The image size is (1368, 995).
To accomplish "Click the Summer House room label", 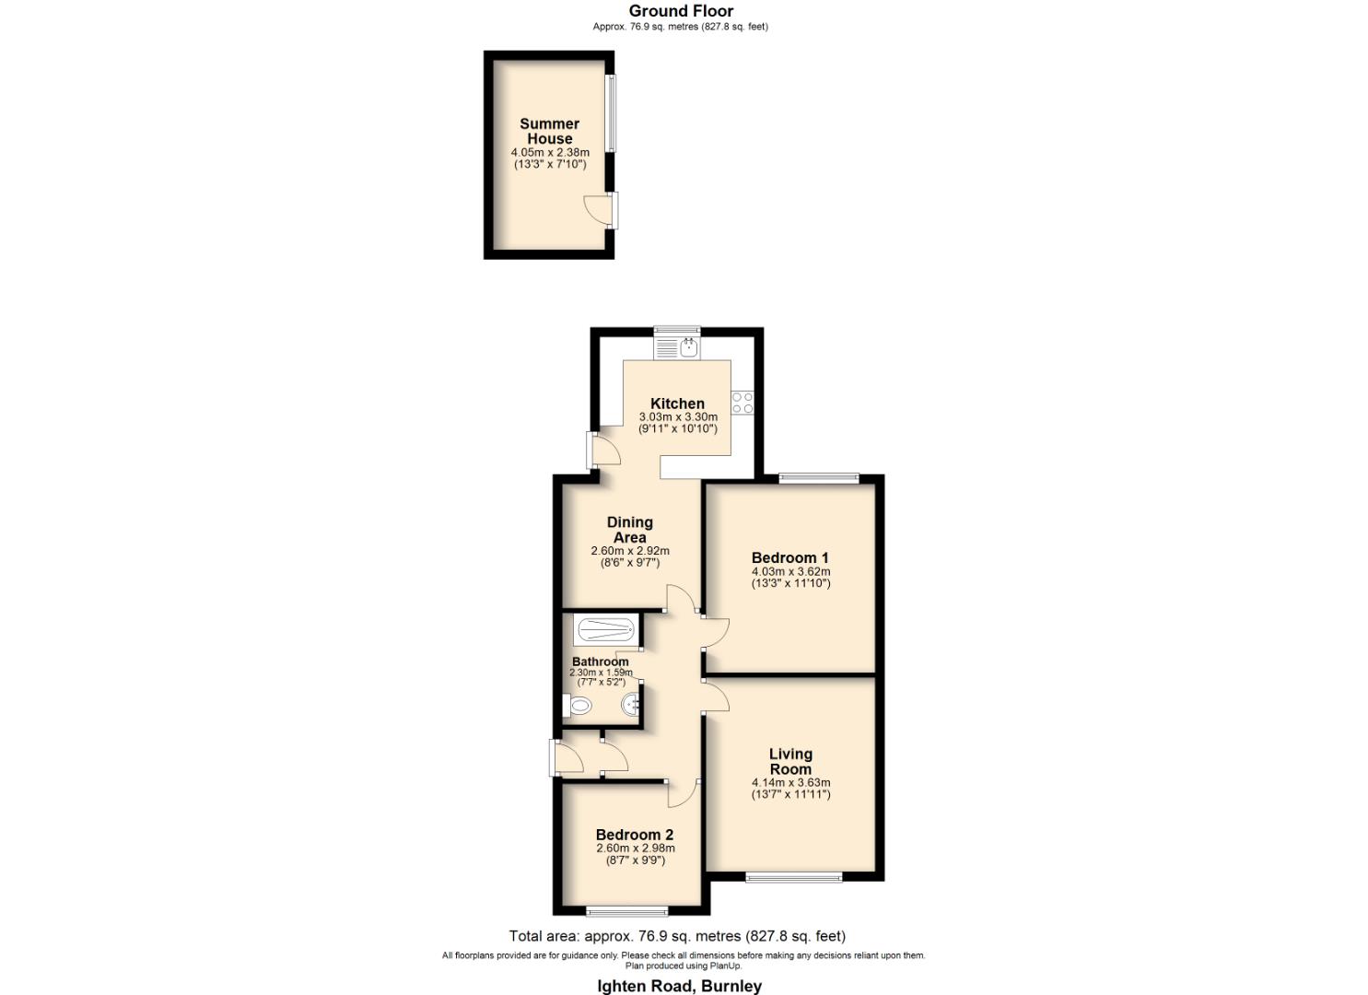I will (x=549, y=131).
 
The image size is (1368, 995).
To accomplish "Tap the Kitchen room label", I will (x=677, y=404).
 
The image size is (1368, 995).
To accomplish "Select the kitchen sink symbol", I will (x=687, y=347).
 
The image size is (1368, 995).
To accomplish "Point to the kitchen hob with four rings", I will (x=742, y=403).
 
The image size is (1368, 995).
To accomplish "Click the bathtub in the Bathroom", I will (x=604, y=631).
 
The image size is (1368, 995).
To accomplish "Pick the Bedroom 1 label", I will (x=789, y=557).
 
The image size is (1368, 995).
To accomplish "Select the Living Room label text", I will (x=790, y=761).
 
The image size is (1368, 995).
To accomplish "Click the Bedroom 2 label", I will (x=635, y=835).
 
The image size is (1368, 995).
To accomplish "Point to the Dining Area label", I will (x=630, y=530).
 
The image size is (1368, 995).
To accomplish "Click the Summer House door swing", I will (x=597, y=208).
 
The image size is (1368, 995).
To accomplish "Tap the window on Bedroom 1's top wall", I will (x=818, y=478).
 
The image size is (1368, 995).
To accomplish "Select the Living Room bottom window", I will (x=793, y=877).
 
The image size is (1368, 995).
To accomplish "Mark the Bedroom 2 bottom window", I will (x=627, y=912).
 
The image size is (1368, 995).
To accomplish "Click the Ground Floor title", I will (x=681, y=11).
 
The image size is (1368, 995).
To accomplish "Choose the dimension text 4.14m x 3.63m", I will (x=790, y=783).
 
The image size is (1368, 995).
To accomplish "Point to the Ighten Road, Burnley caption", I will (x=680, y=986).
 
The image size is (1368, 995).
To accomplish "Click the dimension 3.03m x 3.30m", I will (x=677, y=417).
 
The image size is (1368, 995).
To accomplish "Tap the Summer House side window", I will (x=611, y=113).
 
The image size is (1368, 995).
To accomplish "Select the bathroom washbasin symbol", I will (x=632, y=707).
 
